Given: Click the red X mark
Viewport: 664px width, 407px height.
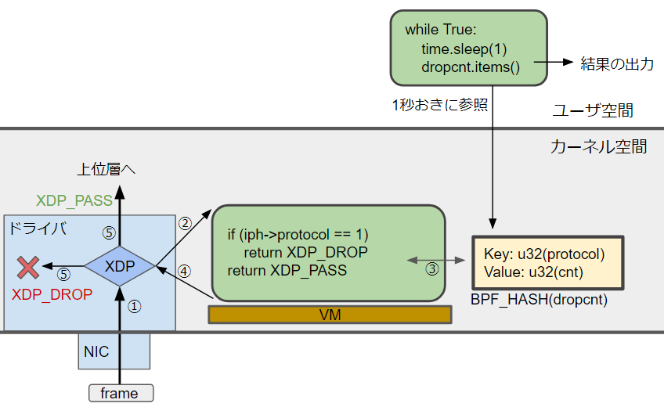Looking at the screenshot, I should pyautogui.click(x=29, y=268).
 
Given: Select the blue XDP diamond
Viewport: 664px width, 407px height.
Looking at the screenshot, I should pyautogui.click(x=119, y=266).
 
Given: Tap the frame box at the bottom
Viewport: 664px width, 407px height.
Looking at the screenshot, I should pyautogui.click(x=120, y=394).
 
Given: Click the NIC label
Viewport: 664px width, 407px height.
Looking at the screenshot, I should pyautogui.click(x=96, y=352).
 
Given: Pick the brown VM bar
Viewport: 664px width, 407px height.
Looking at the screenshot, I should pyautogui.click(x=330, y=315).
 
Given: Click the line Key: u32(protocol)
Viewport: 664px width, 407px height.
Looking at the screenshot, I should pyautogui.click(x=544, y=255).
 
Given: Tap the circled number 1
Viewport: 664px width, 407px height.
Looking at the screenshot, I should pyautogui.click(x=134, y=308).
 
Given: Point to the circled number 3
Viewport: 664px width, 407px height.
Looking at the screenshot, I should pyautogui.click(x=432, y=269).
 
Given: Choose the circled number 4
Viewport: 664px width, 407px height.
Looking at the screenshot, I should pyautogui.click(x=185, y=271).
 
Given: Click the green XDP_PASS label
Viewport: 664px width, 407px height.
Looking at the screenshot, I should pyautogui.click(x=74, y=201).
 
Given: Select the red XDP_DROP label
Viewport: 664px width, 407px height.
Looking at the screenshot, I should pyautogui.click(x=52, y=294).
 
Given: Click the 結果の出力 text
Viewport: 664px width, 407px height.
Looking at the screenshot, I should pyautogui.click(x=616, y=65).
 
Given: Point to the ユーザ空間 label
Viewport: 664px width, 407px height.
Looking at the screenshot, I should pyautogui.click(x=593, y=111).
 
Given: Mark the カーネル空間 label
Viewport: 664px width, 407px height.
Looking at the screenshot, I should pyautogui.click(x=599, y=146).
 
